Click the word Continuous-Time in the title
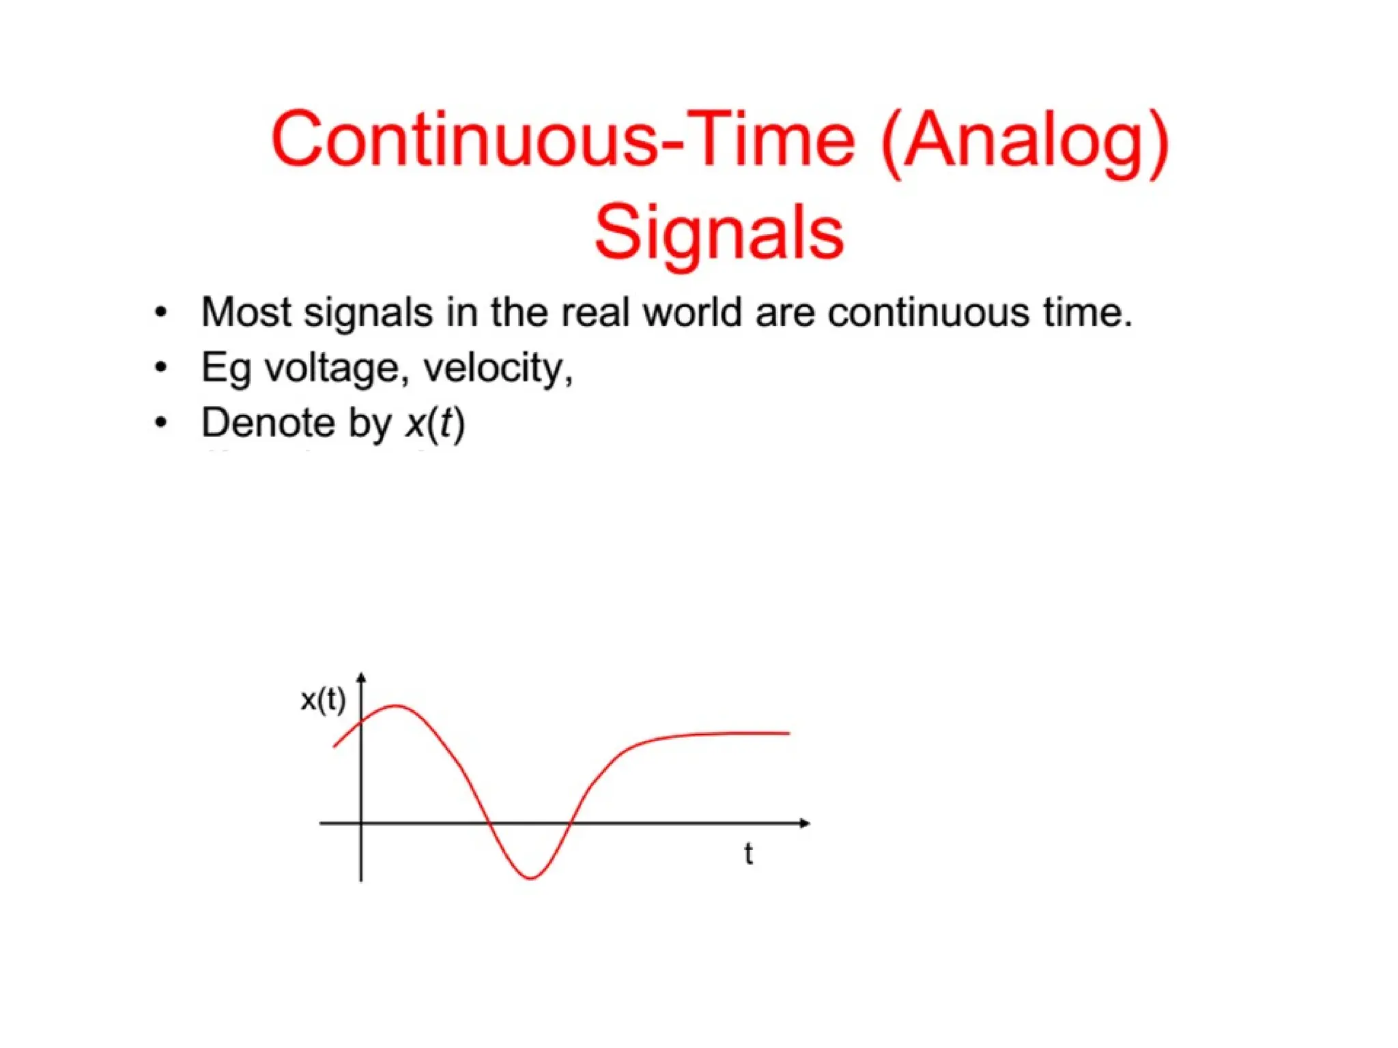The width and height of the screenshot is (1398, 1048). (562, 139)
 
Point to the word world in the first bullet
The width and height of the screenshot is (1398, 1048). (692, 312)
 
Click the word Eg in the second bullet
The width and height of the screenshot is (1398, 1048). (225, 369)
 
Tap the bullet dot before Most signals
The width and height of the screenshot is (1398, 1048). (161, 313)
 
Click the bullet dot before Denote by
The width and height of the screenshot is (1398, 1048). (161, 423)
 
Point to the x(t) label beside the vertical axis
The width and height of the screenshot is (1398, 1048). (323, 700)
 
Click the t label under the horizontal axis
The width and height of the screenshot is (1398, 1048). (748, 854)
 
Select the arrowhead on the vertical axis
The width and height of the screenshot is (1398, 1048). (361, 678)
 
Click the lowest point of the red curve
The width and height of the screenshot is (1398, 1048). (530, 877)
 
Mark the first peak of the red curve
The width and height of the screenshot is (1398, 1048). (396, 705)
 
